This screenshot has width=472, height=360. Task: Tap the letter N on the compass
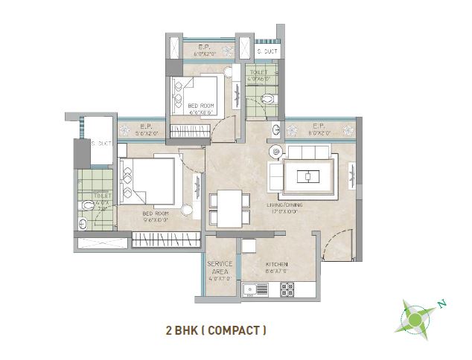pyautogui.click(x=441, y=303)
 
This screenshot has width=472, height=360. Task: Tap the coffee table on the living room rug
pyautogui.click(x=306, y=176)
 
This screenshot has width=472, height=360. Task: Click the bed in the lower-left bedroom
pyautogui.click(x=146, y=181)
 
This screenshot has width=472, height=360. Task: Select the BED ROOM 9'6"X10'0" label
pyautogui.click(x=156, y=216)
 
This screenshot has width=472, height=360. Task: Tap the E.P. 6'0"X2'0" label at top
pyautogui.click(x=204, y=51)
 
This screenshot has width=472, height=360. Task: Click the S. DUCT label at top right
pyautogui.click(x=267, y=51)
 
